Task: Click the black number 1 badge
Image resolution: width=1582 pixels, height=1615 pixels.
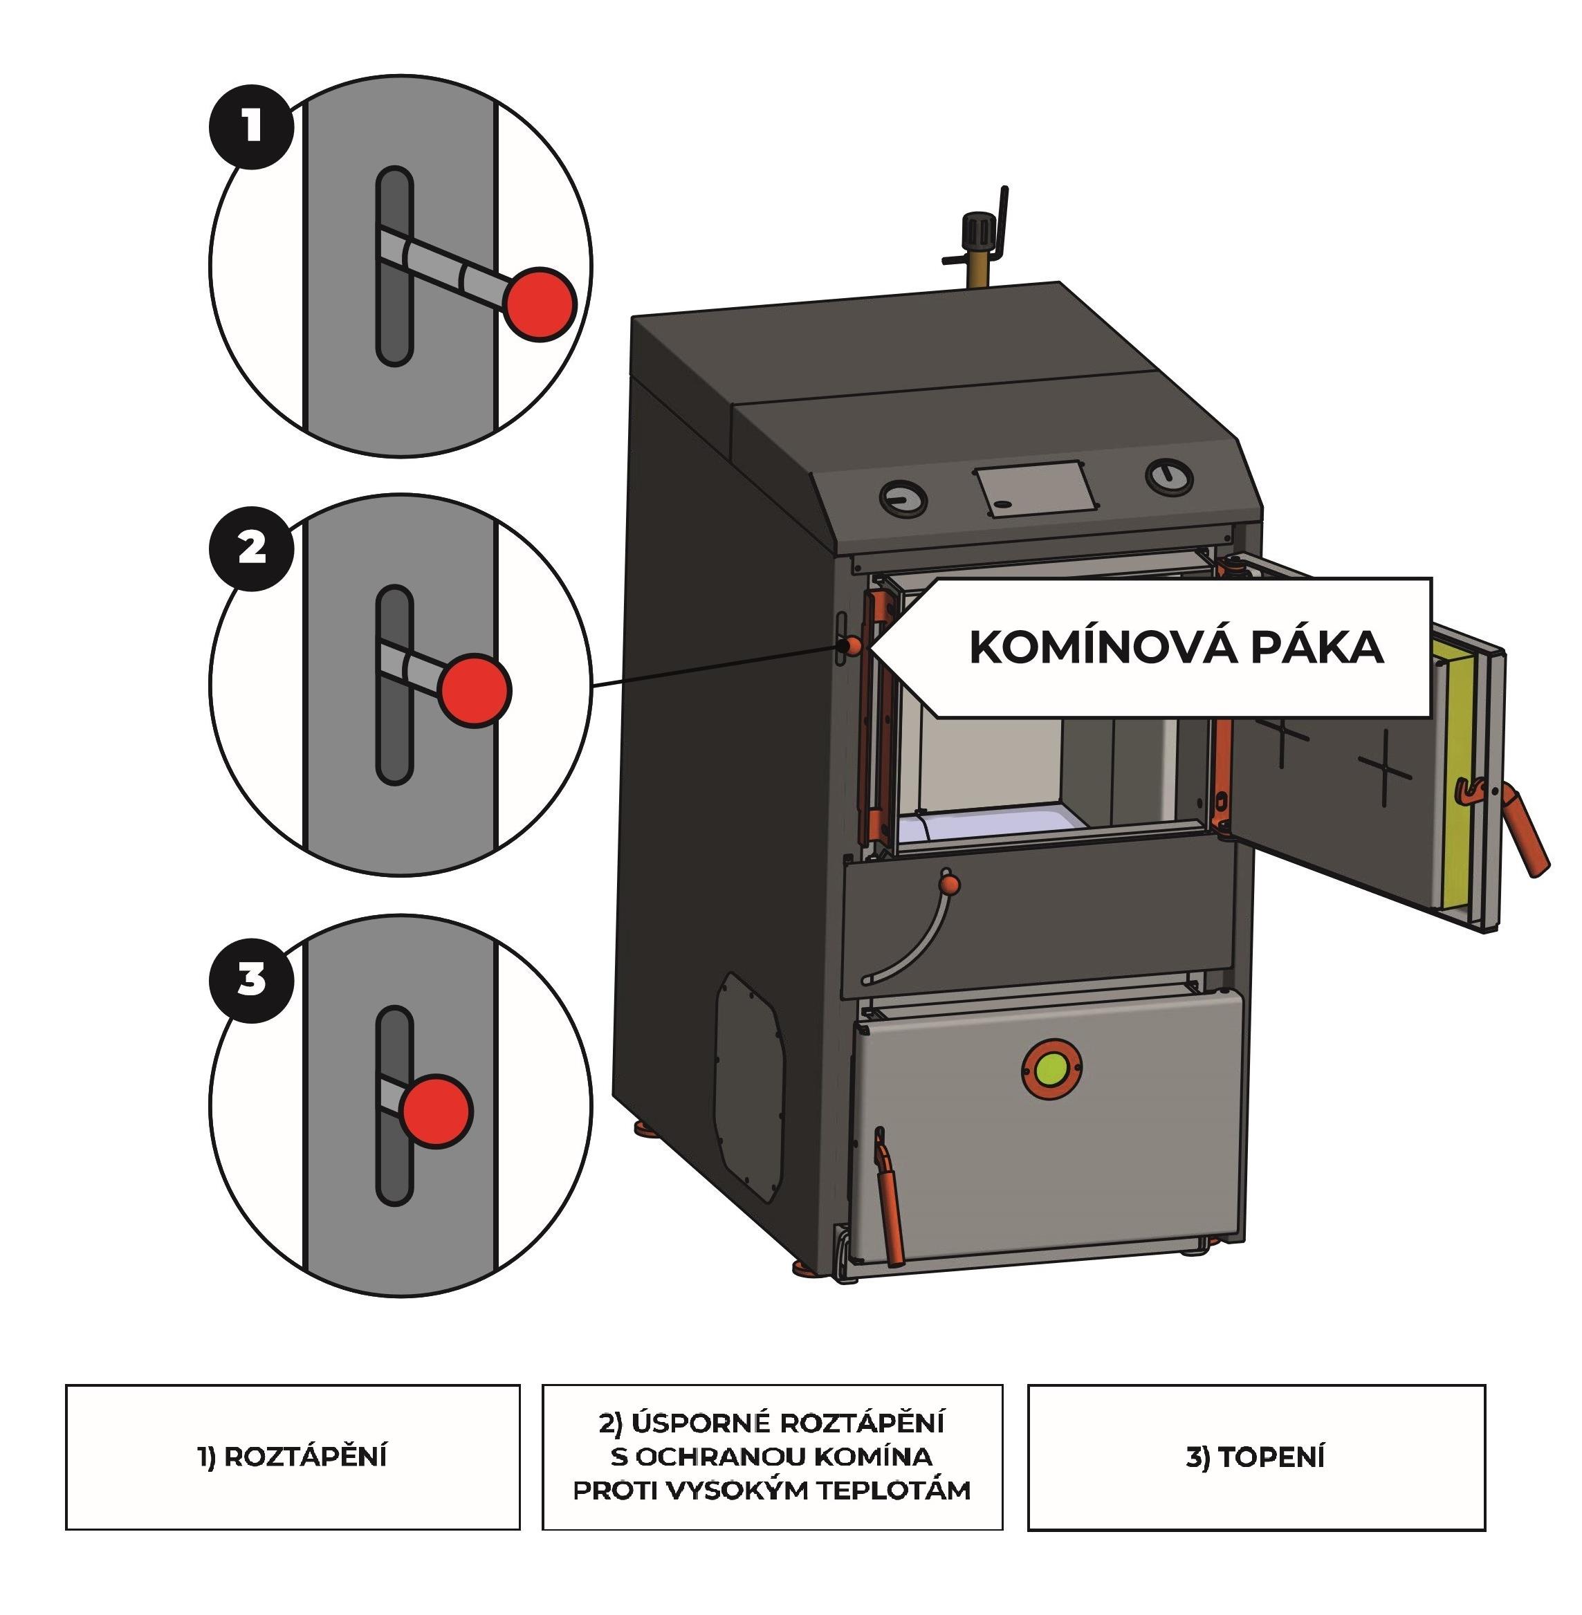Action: coord(251,127)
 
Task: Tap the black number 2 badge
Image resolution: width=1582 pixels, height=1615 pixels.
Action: coord(251,548)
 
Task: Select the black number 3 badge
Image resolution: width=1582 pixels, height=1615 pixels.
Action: coord(251,979)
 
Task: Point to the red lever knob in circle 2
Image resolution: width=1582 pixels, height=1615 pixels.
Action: coord(475,690)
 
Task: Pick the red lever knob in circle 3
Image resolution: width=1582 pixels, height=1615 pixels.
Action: coord(435,1111)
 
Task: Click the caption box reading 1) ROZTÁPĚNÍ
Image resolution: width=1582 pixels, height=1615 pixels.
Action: coord(293,1457)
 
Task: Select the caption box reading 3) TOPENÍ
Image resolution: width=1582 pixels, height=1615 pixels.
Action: coord(1256,1457)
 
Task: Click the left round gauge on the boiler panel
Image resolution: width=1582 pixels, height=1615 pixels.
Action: coord(903,499)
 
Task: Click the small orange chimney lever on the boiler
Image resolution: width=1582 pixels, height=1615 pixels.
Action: coord(852,645)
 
